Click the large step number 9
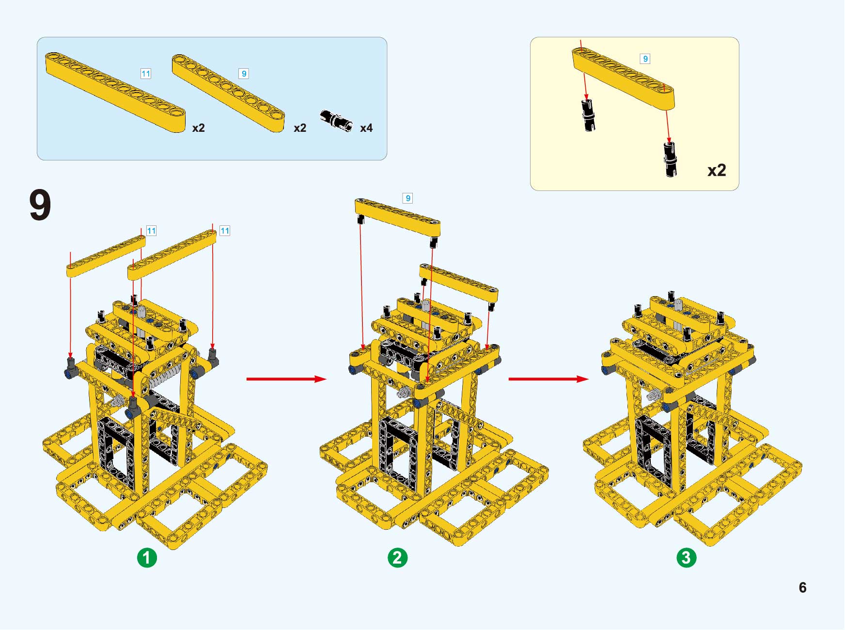[x=40, y=205]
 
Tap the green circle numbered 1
[x=147, y=557]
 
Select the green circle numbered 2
[x=397, y=557]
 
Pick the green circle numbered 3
[x=686, y=557]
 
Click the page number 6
[x=802, y=587]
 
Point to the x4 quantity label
[x=366, y=128]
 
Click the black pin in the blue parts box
[x=336, y=120]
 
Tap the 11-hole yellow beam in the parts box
[x=115, y=92]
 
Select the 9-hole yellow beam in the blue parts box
[x=229, y=93]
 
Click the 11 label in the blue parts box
[x=145, y=74]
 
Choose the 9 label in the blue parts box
[x=244, y=74]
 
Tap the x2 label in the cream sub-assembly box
[x=717, y=171]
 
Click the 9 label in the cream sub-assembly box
[x=645, y=59]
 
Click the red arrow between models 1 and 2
[x=286, y=379]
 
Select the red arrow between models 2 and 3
[x=548, y=379]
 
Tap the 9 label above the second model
[x=407, y=198]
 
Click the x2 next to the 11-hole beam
[x=199, y=128]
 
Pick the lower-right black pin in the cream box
[x=671, y=159]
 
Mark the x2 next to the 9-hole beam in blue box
[x=300, y=128]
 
